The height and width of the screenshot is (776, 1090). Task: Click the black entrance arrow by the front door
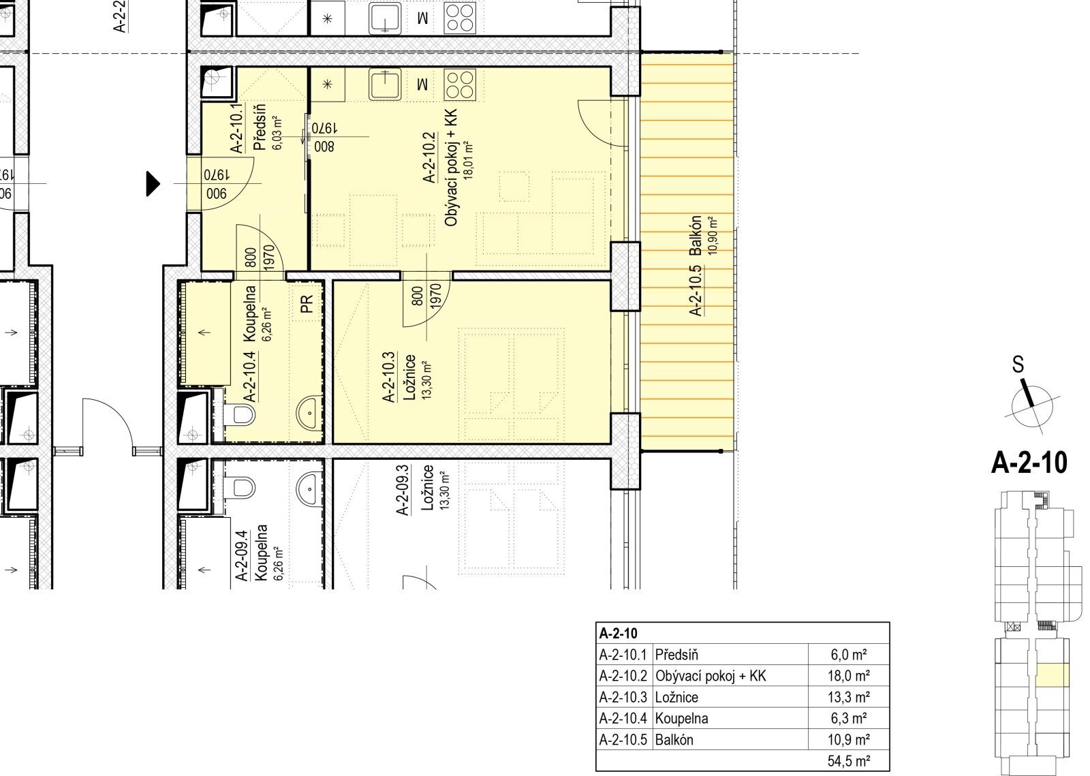(153, 184)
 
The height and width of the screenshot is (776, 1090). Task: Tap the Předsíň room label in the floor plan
(260, 127)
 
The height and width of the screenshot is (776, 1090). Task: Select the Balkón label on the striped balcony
(696, 236)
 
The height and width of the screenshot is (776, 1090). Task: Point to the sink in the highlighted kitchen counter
(385, 84)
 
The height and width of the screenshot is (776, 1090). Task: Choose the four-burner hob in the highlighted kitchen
(459, 84)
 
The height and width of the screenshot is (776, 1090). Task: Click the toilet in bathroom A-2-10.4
(240, 414)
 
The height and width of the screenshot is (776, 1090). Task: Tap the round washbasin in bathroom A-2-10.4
(309, 414)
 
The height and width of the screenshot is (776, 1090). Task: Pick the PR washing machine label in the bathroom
(307, 304)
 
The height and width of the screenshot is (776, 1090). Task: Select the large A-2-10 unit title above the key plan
(1029, 463)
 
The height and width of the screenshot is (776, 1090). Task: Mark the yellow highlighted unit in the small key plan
(1053, 674)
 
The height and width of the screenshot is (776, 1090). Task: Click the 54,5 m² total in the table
(849, 761)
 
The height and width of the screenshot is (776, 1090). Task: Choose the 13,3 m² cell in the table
(849, 697)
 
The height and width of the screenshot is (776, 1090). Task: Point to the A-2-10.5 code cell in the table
(623, 740)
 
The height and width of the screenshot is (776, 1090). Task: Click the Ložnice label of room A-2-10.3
(409, 377)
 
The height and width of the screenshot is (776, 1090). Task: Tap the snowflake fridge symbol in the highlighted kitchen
(328, 84)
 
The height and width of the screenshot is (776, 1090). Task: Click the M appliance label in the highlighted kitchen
(422, 85)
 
